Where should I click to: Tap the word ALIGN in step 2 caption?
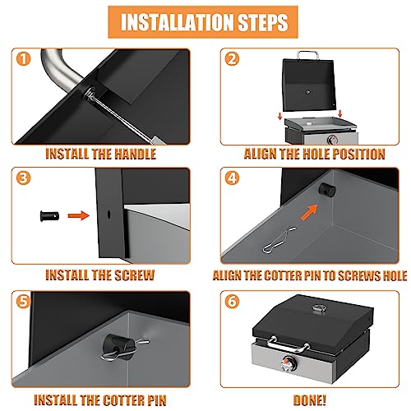coord(264,153)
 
